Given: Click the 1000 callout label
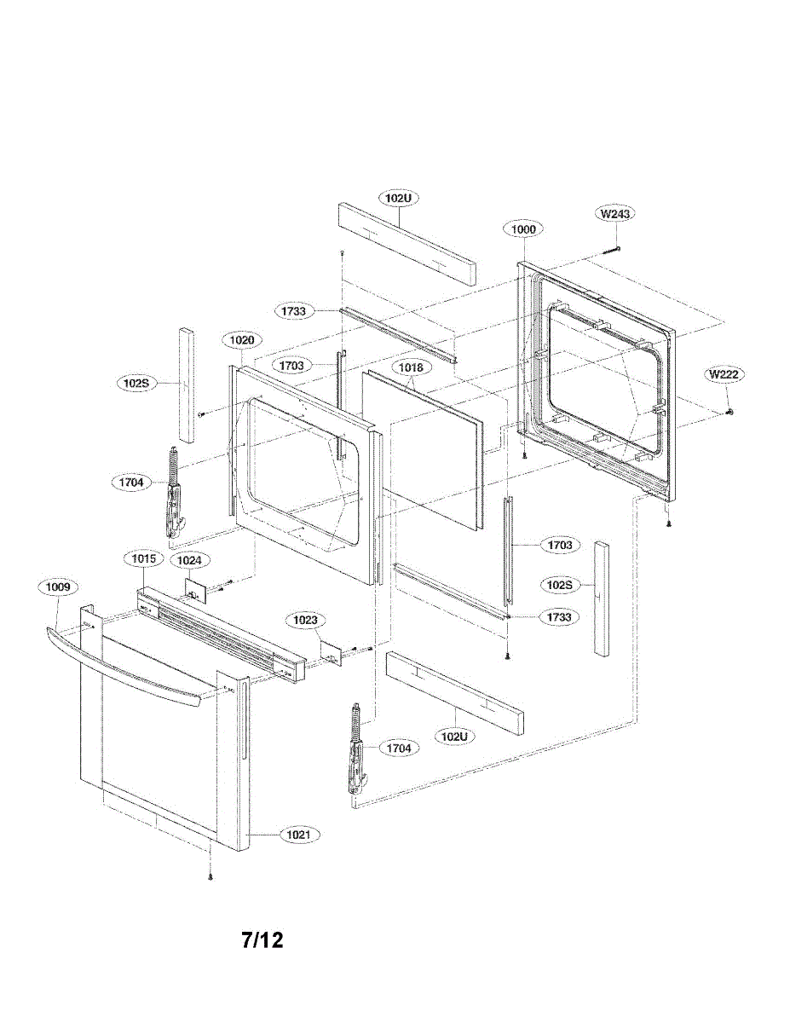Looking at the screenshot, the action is coord(523,229).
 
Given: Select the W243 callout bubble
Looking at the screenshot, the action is coord(614,214).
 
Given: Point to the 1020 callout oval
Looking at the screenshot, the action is coord(241,340).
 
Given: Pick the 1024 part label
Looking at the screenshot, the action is coord(189,561).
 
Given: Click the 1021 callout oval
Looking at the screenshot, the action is coord(297,835).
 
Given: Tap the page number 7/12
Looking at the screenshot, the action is coord(262,940).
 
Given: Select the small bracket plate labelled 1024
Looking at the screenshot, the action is coord(195,589).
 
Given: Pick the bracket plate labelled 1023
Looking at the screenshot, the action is coord(332,651).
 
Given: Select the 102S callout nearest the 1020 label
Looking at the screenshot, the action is coord(136,383).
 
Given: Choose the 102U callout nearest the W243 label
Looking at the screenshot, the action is coord(398,198).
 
